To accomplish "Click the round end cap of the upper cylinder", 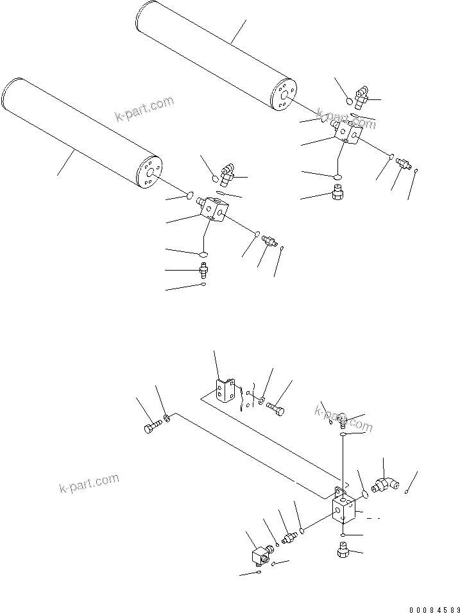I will coord(284,96).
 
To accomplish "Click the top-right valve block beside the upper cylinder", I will coord(346,131).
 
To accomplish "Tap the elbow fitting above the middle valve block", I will coord(226,172).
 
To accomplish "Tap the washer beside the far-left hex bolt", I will coord(166,419).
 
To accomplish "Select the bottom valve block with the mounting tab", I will coord(343,510).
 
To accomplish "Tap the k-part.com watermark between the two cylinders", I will coord(144,108).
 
